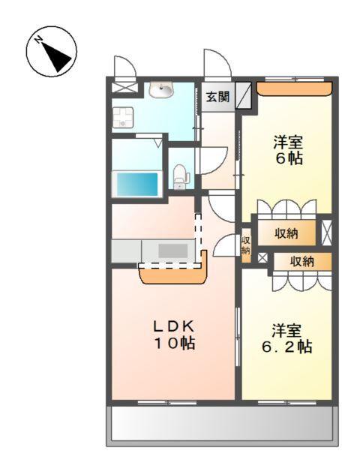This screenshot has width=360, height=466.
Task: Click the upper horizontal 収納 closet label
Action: point(286,233)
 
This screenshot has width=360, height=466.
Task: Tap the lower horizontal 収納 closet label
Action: point(302,261)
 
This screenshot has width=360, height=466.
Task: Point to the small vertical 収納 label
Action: point(245,245)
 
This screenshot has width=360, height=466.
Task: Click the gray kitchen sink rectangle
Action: point(174,251)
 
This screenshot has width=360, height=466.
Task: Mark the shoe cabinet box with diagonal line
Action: point(244,97)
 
